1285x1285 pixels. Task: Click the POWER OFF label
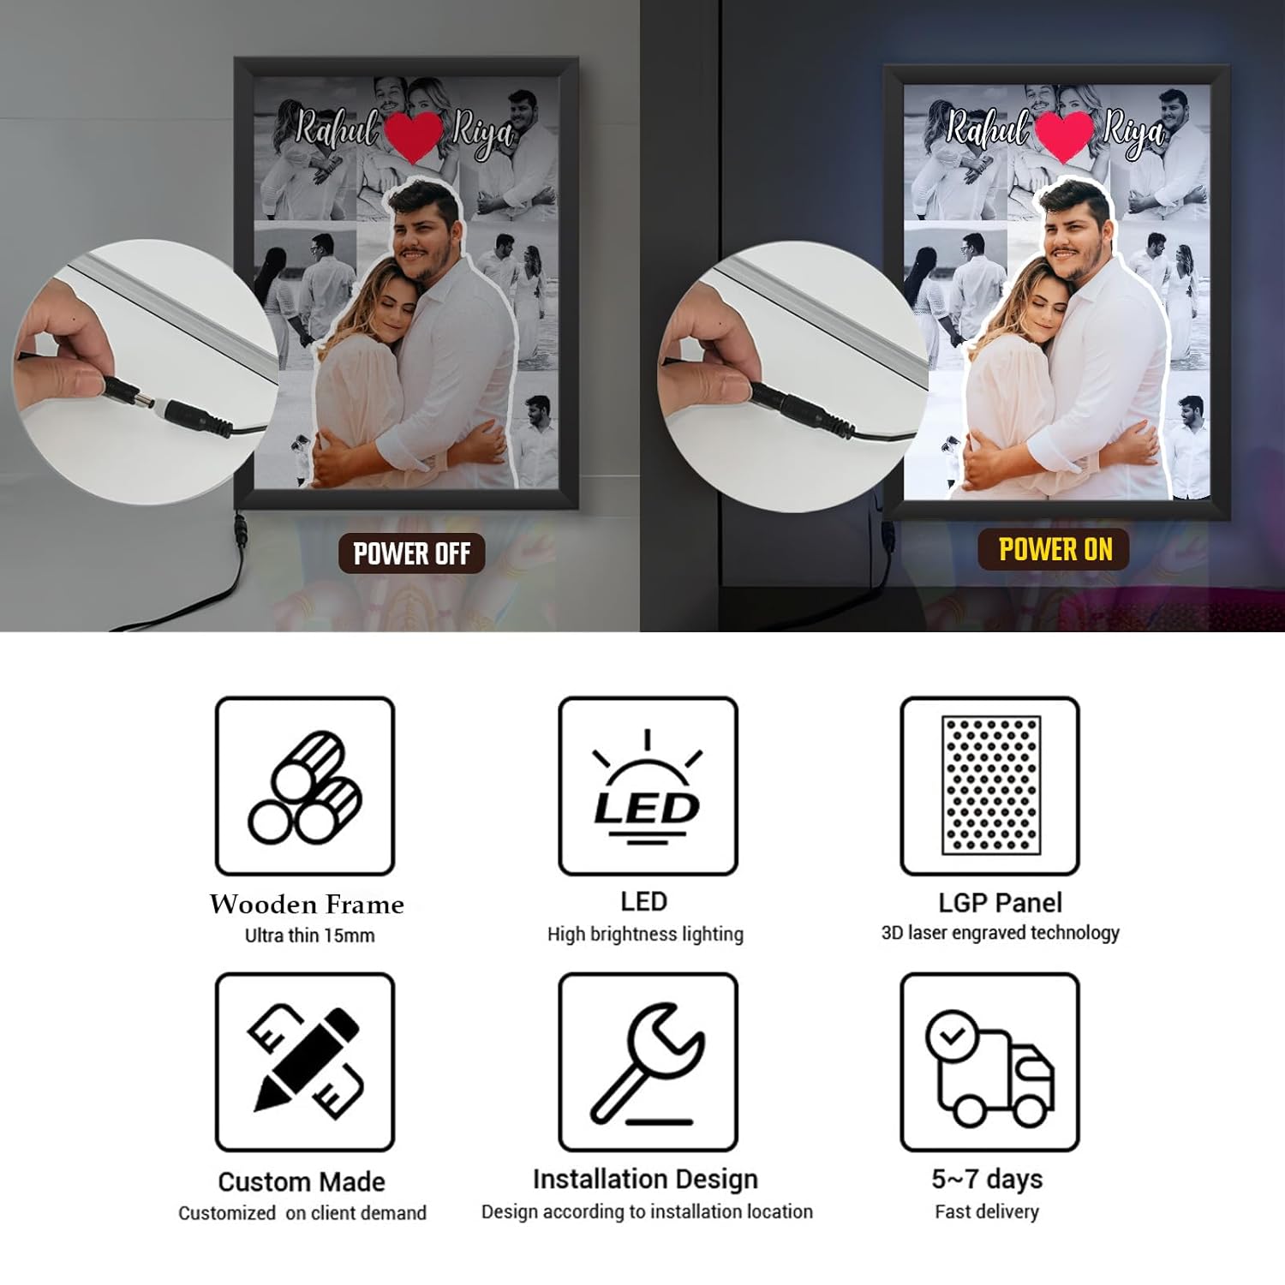click(411, 553)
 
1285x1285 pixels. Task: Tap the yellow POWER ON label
click(1055, 549)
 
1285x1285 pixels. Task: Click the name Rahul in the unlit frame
click(336, 129)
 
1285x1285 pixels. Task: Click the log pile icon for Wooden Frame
click(305, 786)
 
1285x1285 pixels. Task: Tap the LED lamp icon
click(647, 786)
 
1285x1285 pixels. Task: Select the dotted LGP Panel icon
click(991, 786)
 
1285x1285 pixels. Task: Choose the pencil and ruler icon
click(305, 1061)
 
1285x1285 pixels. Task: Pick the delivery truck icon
click(990, 1067)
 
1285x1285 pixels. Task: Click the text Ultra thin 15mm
click(309, 935)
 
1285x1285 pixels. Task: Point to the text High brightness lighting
click(645, 935)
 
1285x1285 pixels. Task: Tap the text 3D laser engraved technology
click(1000, 933)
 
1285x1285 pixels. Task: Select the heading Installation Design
click(645, 1180)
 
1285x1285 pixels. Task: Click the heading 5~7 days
click(987, 1180)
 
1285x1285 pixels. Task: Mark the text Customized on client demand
click(302, 1213)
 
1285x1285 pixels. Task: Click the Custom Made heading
click(302, 1182)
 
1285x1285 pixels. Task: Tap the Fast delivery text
click(987, 1212)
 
